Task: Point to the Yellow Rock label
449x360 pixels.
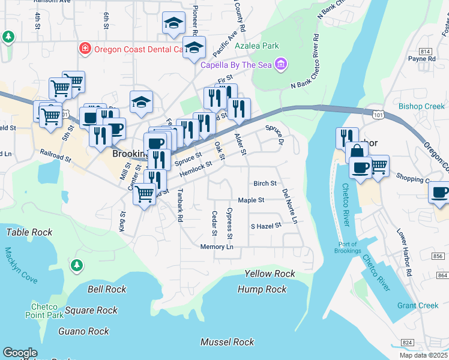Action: [x=270, y=274]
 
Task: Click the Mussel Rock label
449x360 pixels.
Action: [x=228, y=342]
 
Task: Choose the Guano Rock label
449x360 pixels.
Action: [x=83, y=331]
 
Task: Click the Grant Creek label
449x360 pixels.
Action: [x=418, y=305]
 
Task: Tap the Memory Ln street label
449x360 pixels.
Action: [x=217, y=247]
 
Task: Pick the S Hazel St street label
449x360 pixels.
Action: [x=265, y=226]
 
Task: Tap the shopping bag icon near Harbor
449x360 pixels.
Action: [x=357, y=152]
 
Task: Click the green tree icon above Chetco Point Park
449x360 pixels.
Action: [x=76, y=265]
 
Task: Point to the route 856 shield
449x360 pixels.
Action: [x=439, y=256]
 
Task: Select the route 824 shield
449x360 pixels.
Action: [x=407, y=342]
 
